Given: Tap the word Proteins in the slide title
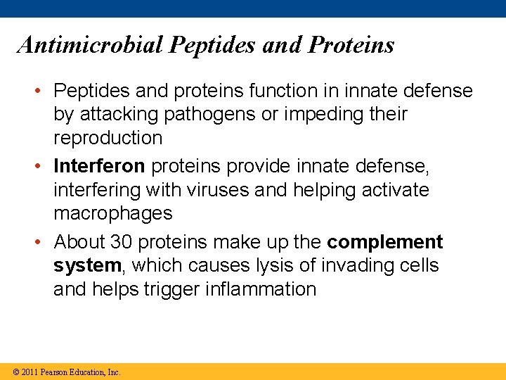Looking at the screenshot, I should [351, 45].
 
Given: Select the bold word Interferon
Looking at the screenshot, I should [100, 166].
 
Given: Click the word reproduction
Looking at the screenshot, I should [108, 137].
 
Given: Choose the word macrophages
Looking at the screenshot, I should [112, 213].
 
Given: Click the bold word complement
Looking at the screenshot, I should [384, 242].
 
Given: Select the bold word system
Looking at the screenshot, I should [87, 266].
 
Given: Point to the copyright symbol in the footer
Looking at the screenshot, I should [15, 372].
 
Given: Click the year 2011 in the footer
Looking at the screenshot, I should [30, 372].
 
